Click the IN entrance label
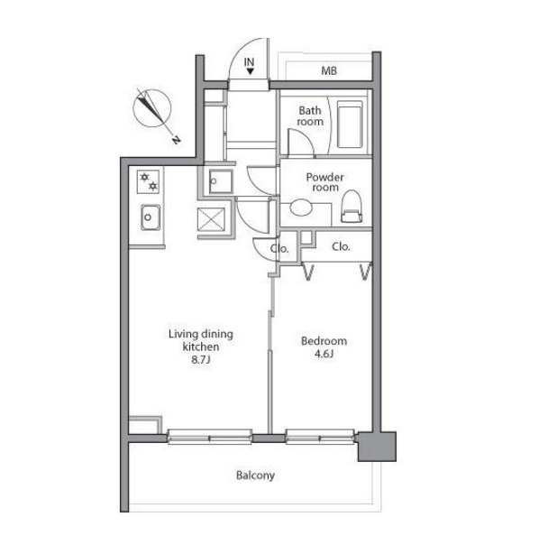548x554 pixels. coord(249,62)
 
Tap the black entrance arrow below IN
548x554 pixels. coord(251,71)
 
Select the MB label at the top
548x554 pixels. coord(329,71)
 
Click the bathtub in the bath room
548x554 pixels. coord(350,125)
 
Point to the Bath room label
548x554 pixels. coord(310,115)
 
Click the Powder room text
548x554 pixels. coord(324,182)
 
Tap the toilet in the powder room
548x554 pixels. coord(352,207)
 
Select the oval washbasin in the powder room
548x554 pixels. coord(301,207)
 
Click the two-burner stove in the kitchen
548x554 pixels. coord(148,181)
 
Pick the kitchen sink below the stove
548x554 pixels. coord(151,217)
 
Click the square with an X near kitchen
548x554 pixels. coord(211,219)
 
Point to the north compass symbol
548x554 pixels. coord(152,108)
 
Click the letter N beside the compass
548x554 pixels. coord(176,140)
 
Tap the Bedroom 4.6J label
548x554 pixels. coord(324,347)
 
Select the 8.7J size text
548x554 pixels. coord(200,360)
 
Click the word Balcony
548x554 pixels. coord(255,476)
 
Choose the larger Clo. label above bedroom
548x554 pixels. coord(341,246)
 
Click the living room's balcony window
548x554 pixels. coord(210,437)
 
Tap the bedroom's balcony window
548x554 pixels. coord(320,437)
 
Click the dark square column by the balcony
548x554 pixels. coord(377,447)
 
